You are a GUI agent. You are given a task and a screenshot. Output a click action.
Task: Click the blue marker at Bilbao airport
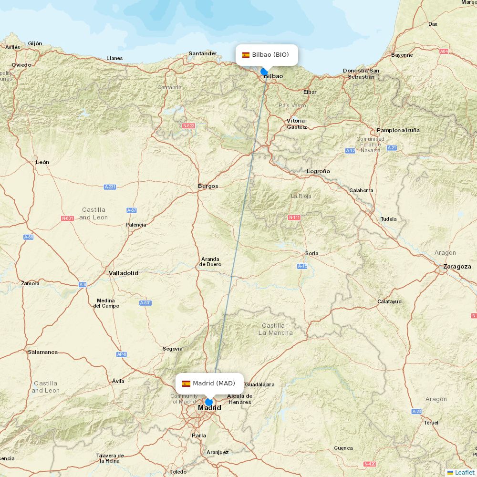click(264, 72)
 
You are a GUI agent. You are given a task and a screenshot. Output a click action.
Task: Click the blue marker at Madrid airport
click(209, 402)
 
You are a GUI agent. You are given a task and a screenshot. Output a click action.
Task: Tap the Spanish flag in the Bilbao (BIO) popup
click(246, 55)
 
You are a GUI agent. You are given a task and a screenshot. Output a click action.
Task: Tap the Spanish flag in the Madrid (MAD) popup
click(186, 384)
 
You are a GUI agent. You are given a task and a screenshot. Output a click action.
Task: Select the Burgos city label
click(208, 186)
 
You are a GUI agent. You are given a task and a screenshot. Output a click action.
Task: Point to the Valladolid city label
click(123, 273)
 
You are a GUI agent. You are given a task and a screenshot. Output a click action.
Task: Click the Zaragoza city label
click(457, 267)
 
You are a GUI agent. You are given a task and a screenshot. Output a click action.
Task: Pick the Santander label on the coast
click(202, 53)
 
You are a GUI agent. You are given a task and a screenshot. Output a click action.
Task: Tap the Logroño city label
click(318, 171)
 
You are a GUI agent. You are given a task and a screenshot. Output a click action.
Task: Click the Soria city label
click(312, 253)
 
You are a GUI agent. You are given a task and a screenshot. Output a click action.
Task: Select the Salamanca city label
click(42, 352)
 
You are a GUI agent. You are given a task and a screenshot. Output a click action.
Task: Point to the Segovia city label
click(172, 349)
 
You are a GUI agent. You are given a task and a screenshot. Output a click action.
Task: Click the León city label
click(42, 162)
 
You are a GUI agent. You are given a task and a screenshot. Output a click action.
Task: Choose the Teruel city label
click(431, 423)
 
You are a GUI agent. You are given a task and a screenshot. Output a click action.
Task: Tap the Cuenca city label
click(343, 448)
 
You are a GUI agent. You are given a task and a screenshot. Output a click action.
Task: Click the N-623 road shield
click(188, 126)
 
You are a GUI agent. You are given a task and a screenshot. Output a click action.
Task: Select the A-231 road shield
click(110, 187)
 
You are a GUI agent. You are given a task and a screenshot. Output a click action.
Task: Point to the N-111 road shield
click(294, 218)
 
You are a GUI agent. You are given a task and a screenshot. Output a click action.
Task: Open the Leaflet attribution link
click(464, 472)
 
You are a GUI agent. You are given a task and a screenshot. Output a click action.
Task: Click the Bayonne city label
click(402, 55)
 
